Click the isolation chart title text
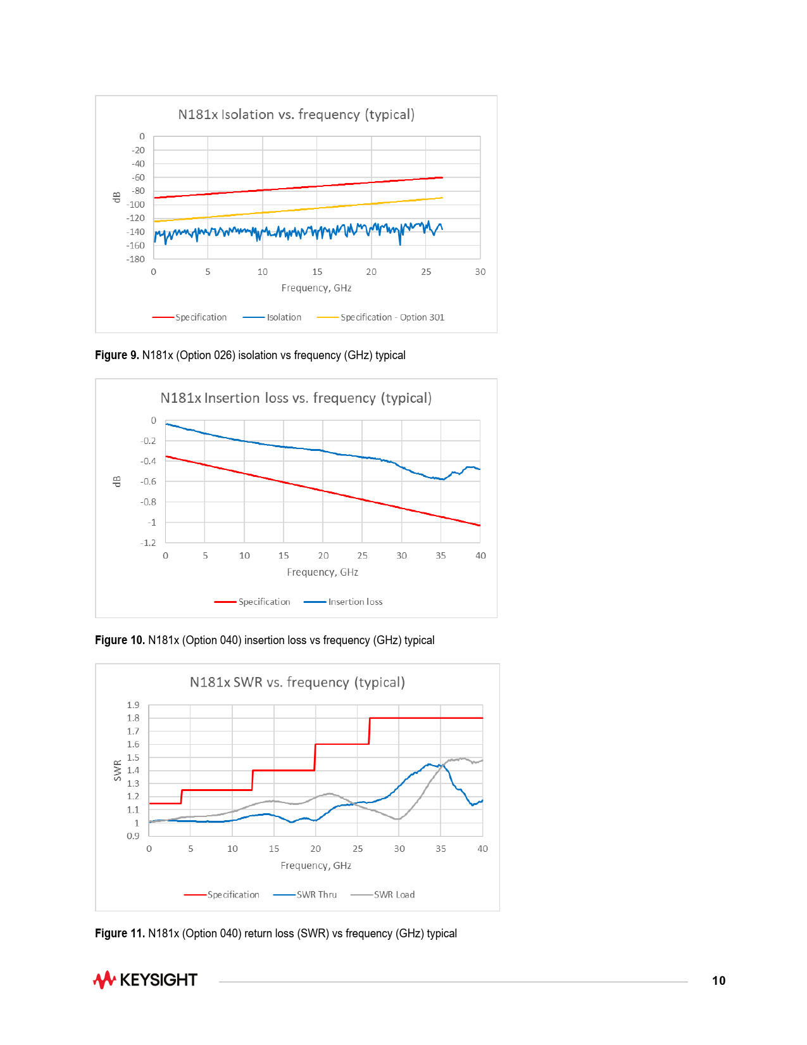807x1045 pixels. (296, 115)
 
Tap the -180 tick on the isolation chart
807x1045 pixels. (135, 259)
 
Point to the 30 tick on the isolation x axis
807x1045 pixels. (480, 272)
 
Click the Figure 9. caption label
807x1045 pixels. (117, 355)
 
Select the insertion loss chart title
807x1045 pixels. (296, 398)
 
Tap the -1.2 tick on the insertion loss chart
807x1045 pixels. (148, 543)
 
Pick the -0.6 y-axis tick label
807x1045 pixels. (148, 481)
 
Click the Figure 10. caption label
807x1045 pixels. (120, 640)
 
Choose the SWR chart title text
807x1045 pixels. (297, 683)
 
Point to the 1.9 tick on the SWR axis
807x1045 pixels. (133, 705)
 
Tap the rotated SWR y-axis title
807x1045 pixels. (117, 770)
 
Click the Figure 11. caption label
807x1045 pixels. (120, 934)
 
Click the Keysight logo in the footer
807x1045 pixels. (146, 980)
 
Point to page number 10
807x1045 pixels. (718, 980)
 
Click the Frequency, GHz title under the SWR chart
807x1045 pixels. (316, 866)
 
